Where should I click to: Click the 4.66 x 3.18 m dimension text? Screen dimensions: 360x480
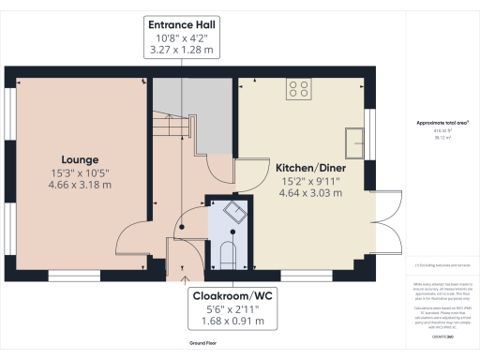coord(80,186)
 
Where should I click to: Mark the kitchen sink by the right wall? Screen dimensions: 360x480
coord(355,142)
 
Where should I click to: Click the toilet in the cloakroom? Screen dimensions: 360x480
coord(227,251)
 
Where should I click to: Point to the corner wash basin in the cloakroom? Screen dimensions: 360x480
coord(236,213)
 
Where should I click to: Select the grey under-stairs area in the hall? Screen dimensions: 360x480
coord(192,108)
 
